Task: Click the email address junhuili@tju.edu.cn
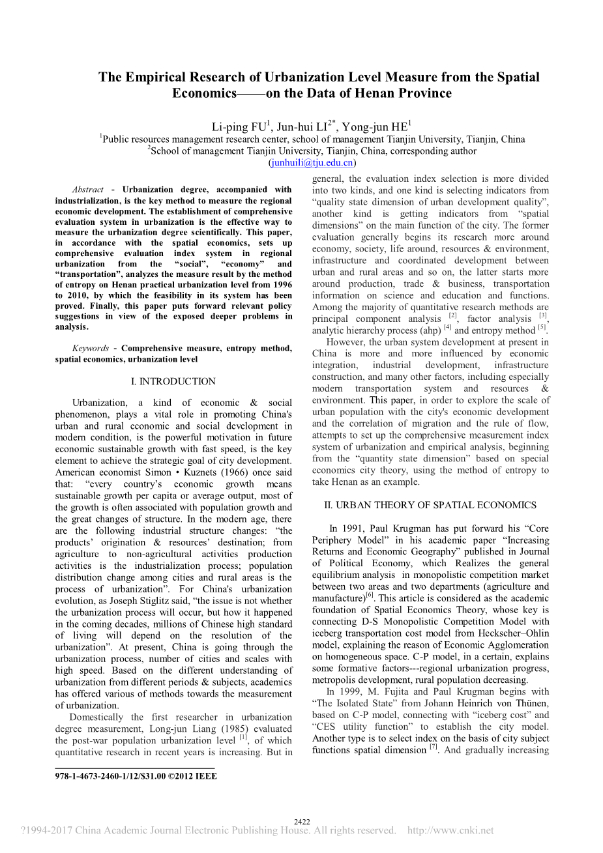coord(312,163)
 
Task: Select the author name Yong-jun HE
coord(375,127)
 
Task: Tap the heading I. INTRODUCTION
coord(173,381)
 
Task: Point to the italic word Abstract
coord(88,190)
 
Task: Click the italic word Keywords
coord(91,348)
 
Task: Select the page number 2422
coord(302,822)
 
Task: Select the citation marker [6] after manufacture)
coord(370,595)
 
